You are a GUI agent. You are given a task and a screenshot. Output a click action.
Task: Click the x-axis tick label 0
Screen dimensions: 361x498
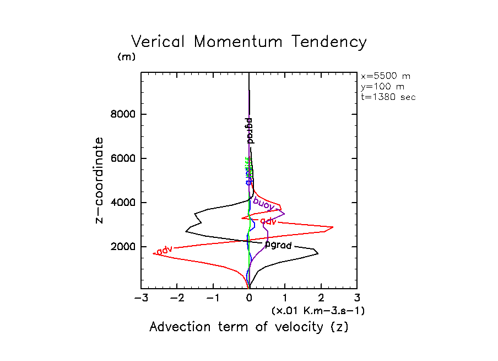click(249, 299)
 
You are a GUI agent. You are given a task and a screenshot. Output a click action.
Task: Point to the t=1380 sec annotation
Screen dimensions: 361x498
click(388, 97)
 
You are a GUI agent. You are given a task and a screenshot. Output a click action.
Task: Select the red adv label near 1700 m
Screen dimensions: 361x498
click(164, 251)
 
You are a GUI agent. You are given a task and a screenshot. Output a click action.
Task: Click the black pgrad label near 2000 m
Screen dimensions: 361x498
click(278, 245)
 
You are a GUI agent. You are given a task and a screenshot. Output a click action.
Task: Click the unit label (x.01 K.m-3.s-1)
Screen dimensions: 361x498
click(318, 311)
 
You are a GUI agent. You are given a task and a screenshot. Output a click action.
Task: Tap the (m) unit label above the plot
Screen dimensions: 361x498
click(126, 57)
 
